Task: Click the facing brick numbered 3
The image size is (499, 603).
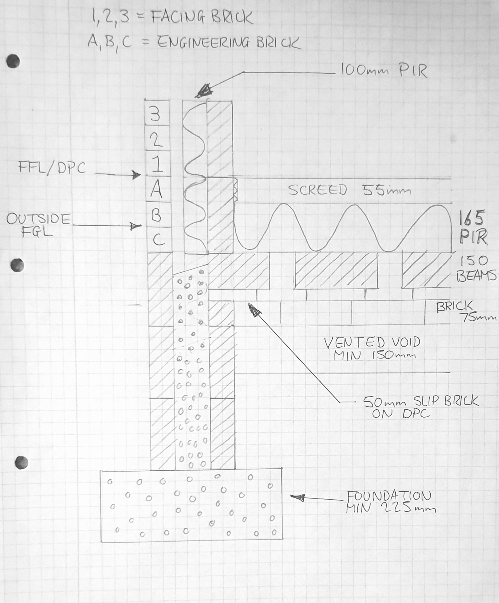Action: [157, 112]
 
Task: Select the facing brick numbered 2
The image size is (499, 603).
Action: [157, 138]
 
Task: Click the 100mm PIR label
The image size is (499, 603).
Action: [384, 71]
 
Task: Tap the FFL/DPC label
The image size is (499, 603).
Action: [52, 167]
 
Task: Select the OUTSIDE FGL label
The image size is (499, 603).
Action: [38, 225]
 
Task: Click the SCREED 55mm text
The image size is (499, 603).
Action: [349, 190]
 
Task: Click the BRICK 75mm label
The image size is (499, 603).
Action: [466, 311]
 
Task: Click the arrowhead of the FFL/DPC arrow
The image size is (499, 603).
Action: [136, 174]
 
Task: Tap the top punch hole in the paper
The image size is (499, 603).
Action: [13, 61]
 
